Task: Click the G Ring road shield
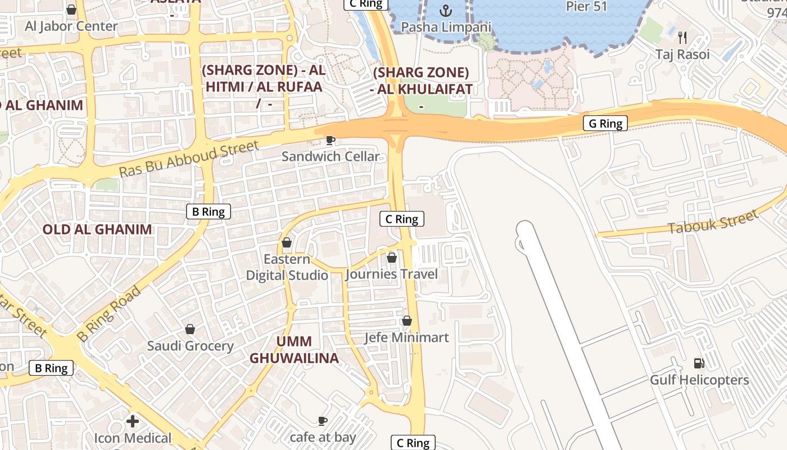click(605, 123)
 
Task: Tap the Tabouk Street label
click(713, 220)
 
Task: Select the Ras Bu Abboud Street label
click(189, 159)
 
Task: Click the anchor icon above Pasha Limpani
click(446, 11)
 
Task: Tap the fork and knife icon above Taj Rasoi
click(682, 38)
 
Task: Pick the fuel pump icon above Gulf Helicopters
click(699, 363)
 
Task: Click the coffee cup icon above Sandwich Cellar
click(331, 140)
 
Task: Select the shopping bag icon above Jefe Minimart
click(406, 321)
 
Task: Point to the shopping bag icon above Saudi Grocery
click(190, 329)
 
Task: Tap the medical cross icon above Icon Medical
click(133, 421)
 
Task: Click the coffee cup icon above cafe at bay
click(323, 420)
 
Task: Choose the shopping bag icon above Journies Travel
click(391, 258)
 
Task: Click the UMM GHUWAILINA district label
click(294, 350)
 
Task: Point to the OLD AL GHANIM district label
click(97, 229)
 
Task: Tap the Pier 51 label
click(587, 7)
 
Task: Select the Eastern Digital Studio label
click(287, 267)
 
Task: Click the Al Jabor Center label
click(71, 26)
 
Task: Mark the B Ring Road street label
click(108, 314)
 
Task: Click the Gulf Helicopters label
click(699, 380)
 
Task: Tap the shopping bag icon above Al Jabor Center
click(71, 10)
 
